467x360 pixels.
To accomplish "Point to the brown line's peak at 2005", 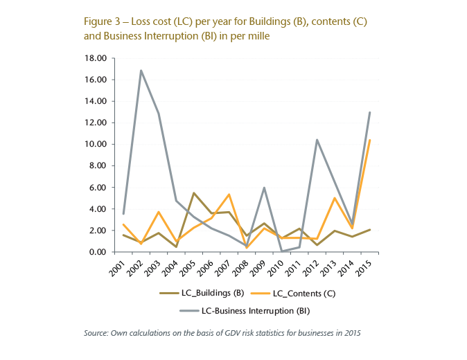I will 193,192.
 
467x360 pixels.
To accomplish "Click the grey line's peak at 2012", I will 317,140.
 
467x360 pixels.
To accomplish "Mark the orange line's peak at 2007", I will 229,195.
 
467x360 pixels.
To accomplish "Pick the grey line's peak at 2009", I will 264,188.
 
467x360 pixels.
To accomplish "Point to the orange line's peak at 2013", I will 335,198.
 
